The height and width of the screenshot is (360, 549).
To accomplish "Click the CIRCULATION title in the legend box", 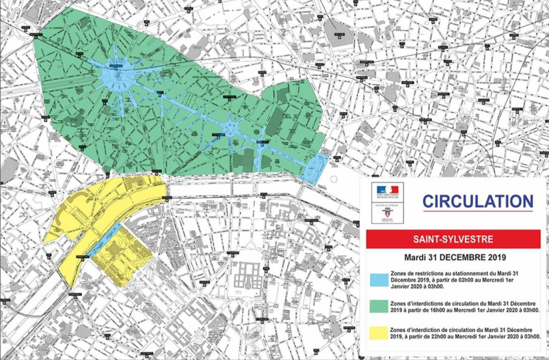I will (x=477, y=201).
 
